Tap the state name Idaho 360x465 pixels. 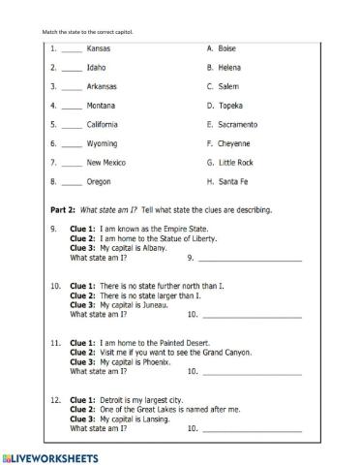[x=96, y=68]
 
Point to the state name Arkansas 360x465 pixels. [x=102, y=86]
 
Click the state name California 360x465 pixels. [x=103, y=124]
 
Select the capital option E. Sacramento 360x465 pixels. [x=232, y=124]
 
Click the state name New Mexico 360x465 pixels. [x=105, y=162]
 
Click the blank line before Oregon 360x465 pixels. [x=72, y=182]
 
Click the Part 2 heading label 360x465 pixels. [x=62, y=209]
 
